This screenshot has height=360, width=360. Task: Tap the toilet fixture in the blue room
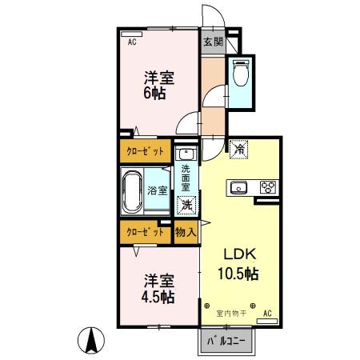pyautogui.click(x=240, y=73)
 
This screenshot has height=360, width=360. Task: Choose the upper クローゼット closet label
pyautogui.click(x=146, y=150)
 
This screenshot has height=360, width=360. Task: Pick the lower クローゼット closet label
pyautogui.click(x=146, y=232)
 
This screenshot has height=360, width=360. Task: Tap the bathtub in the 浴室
pyautogui.click(x=132, y=190)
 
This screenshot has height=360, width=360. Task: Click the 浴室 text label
pyautogui.click(x=158, y=190)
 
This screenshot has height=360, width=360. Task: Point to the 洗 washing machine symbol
pyautogui.click(x=186, y=205)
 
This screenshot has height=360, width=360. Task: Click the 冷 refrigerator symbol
pyautogui.click(x=238, y=148)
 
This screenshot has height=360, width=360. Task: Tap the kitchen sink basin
pyautogui.click(x=239, y=188)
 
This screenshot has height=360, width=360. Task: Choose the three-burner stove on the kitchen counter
pyautogui.click(x=266, y=188)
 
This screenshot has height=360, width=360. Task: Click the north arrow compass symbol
pyautogui.click(x=93, y=342)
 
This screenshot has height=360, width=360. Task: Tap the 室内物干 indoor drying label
pyautogui.click(x=230, y=313)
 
